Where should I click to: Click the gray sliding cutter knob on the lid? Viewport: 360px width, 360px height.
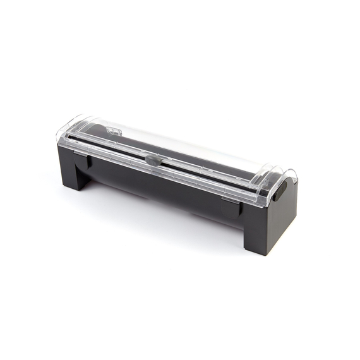pos(152,160)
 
